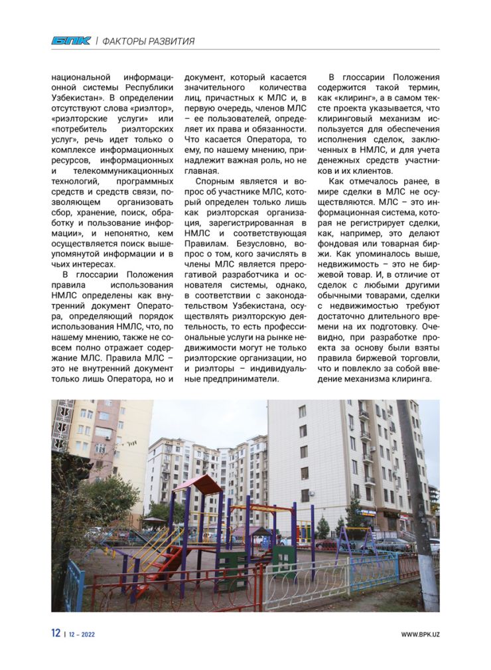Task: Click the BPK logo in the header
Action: tap(71, 41)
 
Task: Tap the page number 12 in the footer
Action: tap(56, 633)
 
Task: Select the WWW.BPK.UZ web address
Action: tap(420, 634)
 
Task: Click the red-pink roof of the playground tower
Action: tap(196, 483)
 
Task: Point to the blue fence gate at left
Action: tap(74, 582)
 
